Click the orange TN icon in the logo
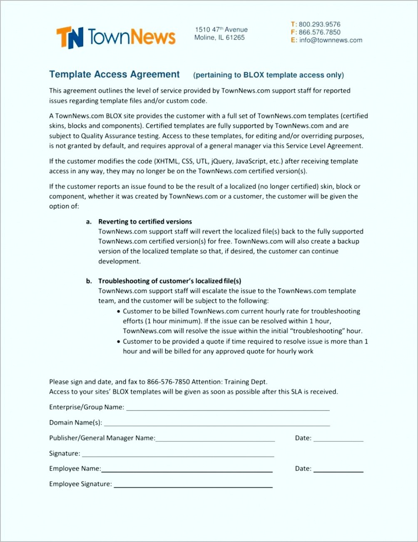tap(70, 37)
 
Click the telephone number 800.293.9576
tap(319, 24)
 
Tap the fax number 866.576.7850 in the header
tap(319, 32)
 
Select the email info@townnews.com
tap(331, 40)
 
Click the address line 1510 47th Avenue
tap(221, 30)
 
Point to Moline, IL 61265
tap(219, 38)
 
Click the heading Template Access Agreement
tap(114, 75)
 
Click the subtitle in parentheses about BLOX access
tap(269, 75)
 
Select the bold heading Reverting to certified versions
tap(145, 221)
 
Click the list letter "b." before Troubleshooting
tap(89, 281)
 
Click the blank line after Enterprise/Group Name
tap(228, 409)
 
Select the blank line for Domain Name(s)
tap(216, 425)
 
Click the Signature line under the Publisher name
tap(178, 456)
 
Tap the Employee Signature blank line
tap(193, 486)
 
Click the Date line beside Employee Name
tap(338, 471)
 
